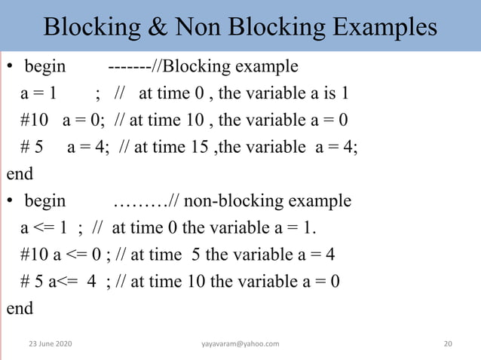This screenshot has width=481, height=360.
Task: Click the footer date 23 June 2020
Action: tap(51, 343)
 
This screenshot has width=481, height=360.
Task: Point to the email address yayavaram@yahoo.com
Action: tap(240, 343)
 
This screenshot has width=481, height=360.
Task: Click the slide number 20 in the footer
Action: tap(448, 343)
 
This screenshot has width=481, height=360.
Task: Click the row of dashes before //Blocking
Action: tap(130, 67)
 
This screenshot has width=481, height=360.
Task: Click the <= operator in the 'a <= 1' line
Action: tap(44, 228)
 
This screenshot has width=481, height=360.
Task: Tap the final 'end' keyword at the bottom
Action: tap(20, 308)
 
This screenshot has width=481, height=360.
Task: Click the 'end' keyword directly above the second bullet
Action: tap(20, 174)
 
